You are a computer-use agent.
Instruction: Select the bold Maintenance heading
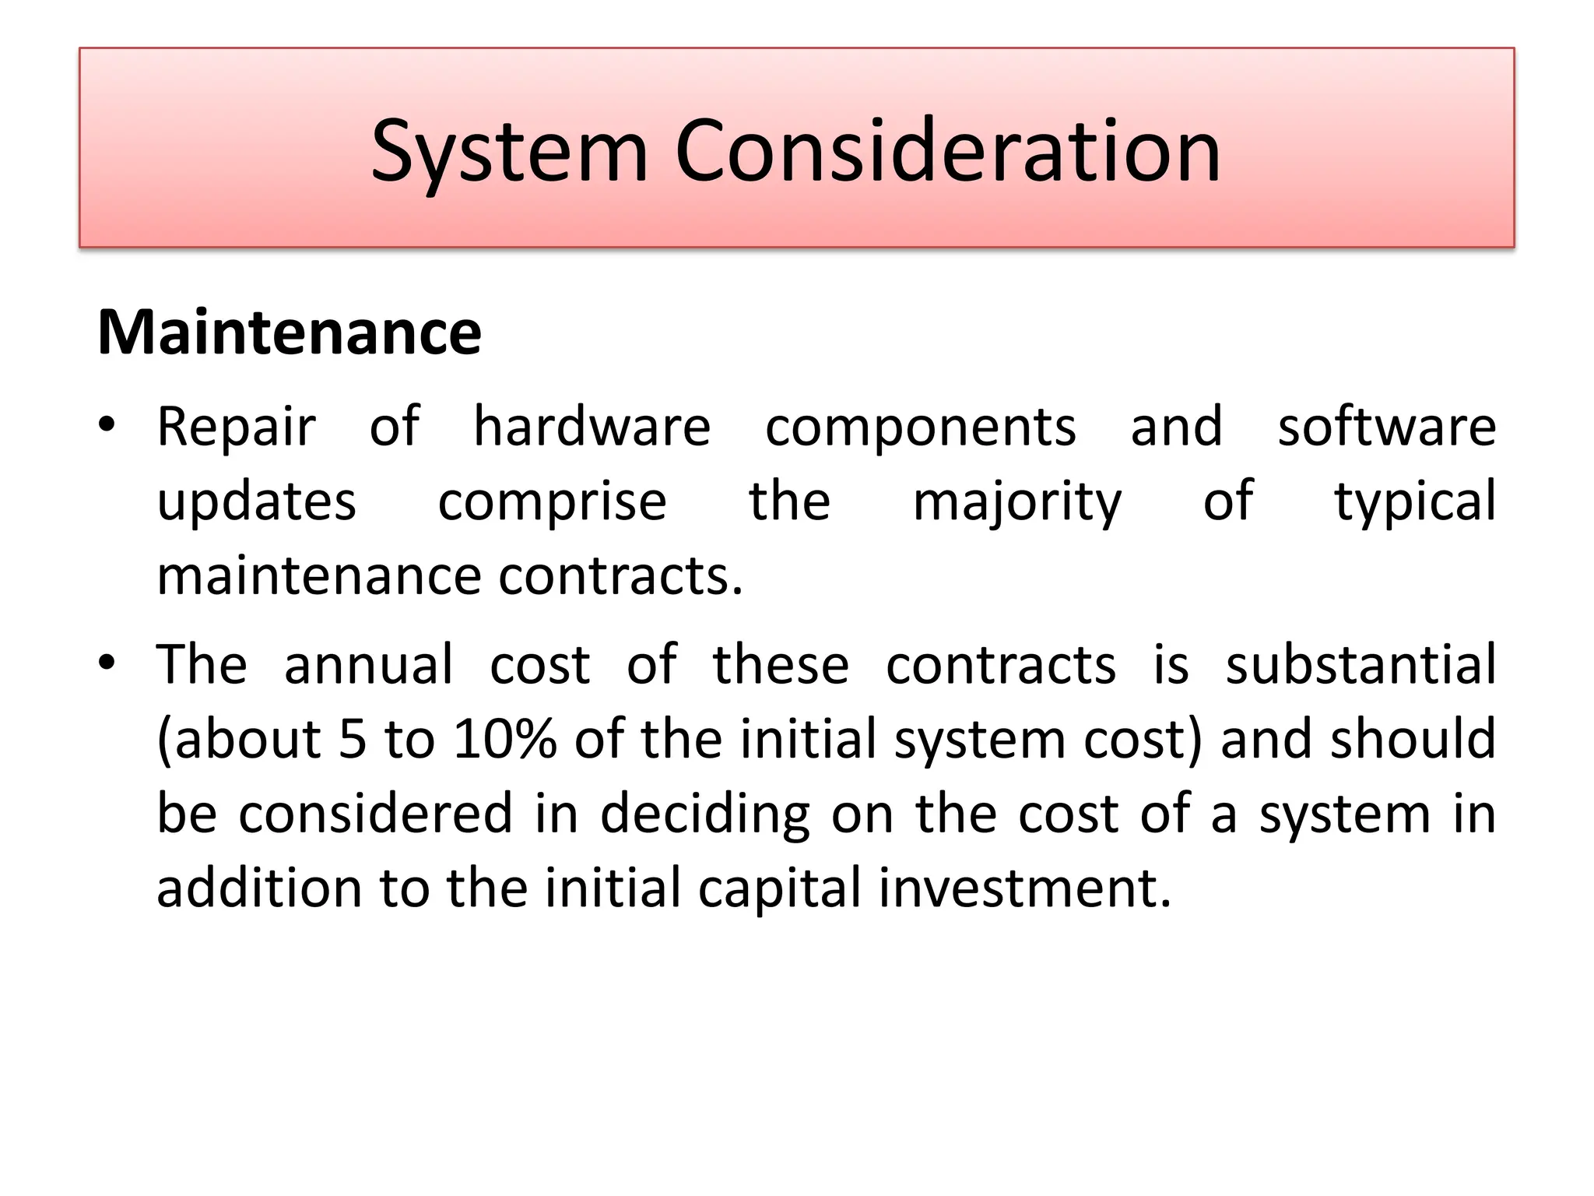pyautogui.click(x=290, y=332)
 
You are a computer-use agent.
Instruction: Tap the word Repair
pyautogui.click(x=237, y=427)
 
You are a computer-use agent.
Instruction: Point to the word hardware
pyautogui.click(x=592, y=427)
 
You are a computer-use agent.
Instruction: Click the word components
pyautogui.click(x=921, y=427)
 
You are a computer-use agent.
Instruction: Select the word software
pyautogui.click(x=1386, y=427)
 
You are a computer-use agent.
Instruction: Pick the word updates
pyautogui.click(x=257, y=502)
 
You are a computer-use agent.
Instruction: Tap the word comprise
pyautogui.click(x=552, y=502)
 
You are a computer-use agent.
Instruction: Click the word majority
pyautogui.click(x=1017, y=502)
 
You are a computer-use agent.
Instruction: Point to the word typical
pyautogui.click(x=1415, y=502)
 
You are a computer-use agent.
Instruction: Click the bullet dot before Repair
pyautogui.click(x=107, y=425)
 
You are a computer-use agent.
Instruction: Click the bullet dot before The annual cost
pyautogui.click(x=107, y=663)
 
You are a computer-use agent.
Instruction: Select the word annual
pyautogui.click(x=368, y=665)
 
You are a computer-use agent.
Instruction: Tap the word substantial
pyautogui.click(x=1361, y=665)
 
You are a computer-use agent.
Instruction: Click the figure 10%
pyautogui.click(x=505, y=740)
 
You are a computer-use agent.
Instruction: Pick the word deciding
pyautogui.click(x=705, y=814)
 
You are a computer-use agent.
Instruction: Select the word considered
pyautogui.click(x=375, y=814)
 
